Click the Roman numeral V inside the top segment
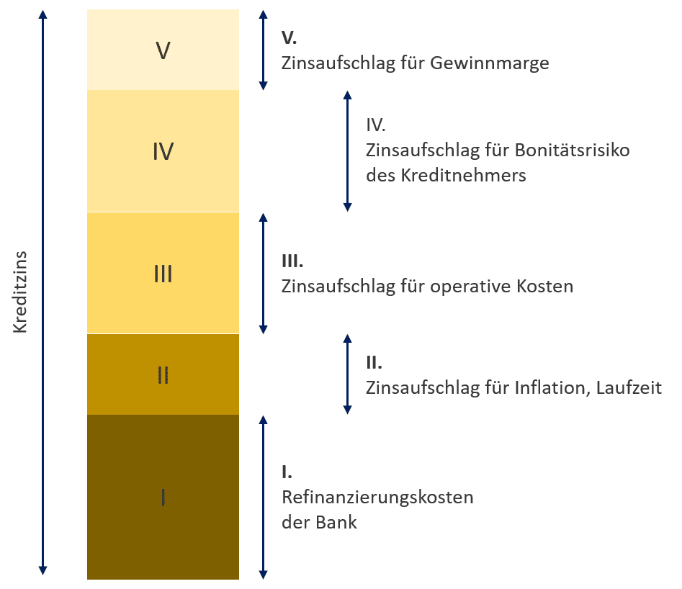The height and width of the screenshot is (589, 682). click(x=163, y=50)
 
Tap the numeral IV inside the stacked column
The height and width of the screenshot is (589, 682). click(x=163, y=151)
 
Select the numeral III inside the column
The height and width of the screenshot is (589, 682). click(x=163, y=274)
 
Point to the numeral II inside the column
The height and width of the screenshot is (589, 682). click(x=163, y=375)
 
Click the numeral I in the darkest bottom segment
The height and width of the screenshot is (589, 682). click(x=163, y=497)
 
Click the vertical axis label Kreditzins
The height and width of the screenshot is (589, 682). click(x=21, y=292)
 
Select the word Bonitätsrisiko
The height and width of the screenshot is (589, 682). click(x=572, y=150)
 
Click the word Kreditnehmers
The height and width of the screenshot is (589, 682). click(x=467, y=175)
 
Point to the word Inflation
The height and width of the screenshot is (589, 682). click(x=549, y=388)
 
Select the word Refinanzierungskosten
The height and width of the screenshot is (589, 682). click(x=377, y=498)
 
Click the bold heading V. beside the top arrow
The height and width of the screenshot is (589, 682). click(x=289, y=37)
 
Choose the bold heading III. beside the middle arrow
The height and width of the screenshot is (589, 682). click(x=292, y=261)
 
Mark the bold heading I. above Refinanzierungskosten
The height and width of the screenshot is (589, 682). click(x=287, y=472)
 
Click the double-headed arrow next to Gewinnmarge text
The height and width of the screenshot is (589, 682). click(x=263, y=50)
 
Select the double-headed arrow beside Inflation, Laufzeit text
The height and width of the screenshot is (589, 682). click(x=347, y=374)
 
